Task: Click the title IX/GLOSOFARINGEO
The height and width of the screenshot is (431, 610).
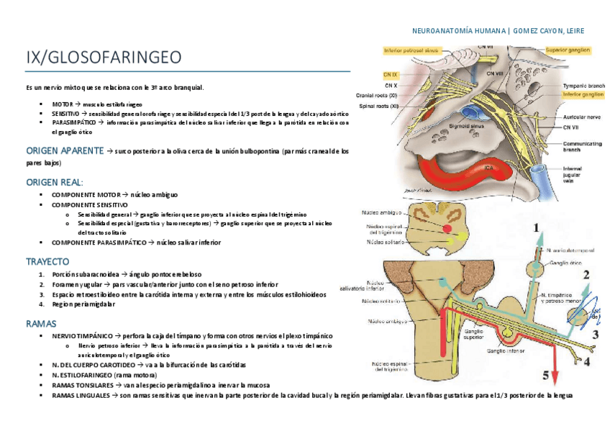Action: click(104, 57)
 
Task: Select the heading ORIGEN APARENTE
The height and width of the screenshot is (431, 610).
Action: click(63, 152)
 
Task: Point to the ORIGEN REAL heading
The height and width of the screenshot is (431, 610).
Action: click(55, 182)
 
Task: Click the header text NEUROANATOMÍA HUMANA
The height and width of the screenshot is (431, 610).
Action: click(458, 31)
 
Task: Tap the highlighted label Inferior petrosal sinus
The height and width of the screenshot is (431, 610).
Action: click(411, 51)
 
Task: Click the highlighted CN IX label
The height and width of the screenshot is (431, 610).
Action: click(391, 74)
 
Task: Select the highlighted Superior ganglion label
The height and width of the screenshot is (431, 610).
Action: click(568, 50)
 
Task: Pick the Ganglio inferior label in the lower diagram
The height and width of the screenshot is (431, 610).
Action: click(506, 351)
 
